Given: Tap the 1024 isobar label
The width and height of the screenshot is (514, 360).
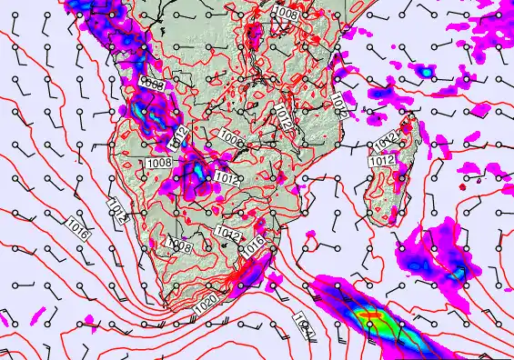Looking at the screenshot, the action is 305,321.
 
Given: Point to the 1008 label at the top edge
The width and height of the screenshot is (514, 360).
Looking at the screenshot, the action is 285,12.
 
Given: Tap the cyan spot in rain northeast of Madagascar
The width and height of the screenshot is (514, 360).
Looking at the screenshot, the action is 424,70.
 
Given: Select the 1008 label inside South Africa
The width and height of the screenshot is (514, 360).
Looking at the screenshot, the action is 178,246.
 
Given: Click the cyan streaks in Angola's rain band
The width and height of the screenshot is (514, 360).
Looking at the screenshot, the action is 141,107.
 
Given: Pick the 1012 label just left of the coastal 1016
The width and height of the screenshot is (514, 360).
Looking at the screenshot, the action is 227,235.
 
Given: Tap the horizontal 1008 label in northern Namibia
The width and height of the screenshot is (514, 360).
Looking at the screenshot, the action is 158,164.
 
